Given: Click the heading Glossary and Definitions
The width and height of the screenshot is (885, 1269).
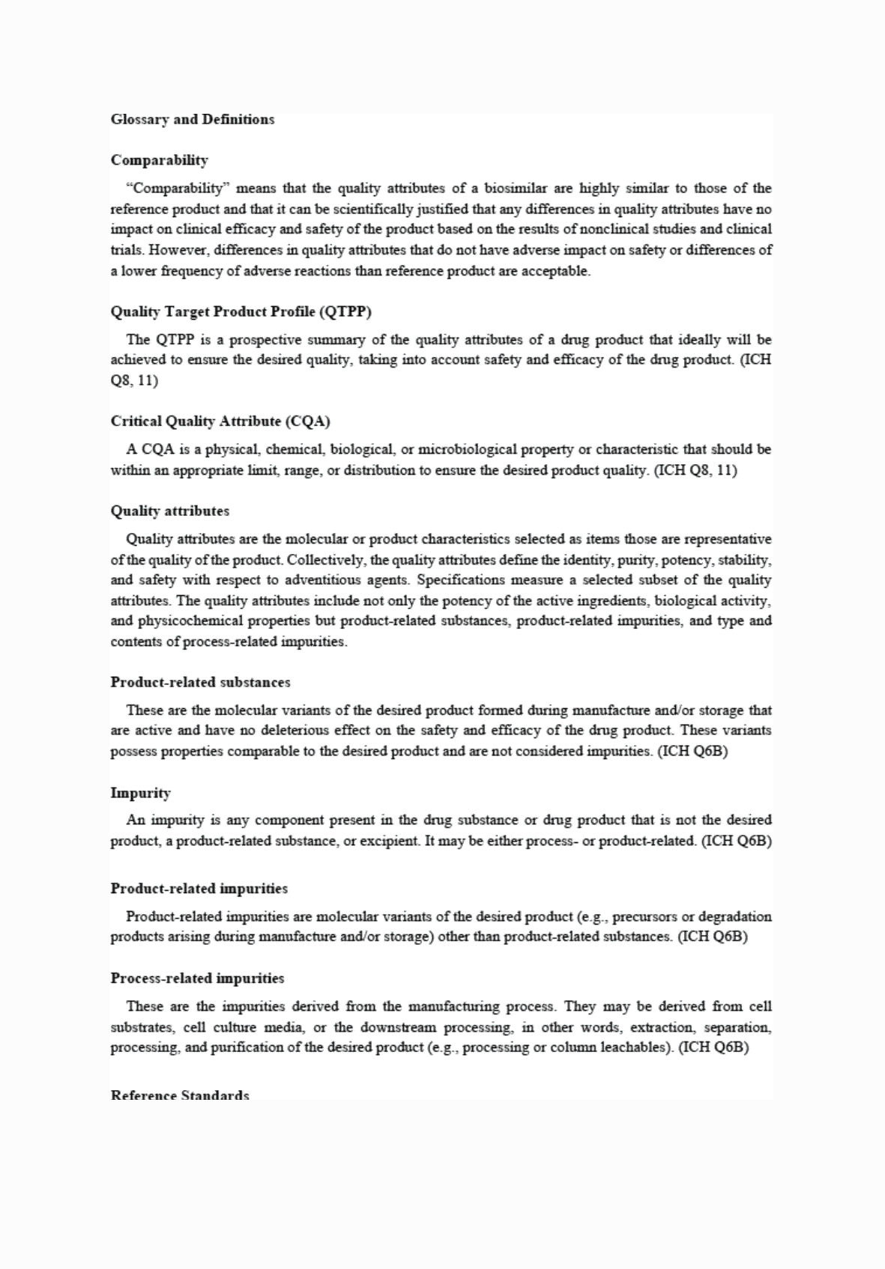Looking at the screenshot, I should coord(193,119).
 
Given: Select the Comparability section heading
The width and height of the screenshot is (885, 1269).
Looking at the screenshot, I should coord(160,159).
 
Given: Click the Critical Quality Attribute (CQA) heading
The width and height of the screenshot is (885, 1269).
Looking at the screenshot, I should coord(220,421).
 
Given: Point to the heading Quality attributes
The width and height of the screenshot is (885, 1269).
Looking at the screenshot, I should coord(170,511).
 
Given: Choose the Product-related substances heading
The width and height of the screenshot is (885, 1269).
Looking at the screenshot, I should coord(200,682).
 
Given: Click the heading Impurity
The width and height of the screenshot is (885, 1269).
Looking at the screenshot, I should coord(141,792).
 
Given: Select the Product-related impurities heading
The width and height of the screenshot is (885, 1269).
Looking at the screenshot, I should coord(199,889).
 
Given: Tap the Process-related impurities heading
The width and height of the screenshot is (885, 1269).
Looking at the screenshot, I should coord(197,978).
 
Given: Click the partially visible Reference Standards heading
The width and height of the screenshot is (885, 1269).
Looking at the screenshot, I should coord(180,1095).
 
